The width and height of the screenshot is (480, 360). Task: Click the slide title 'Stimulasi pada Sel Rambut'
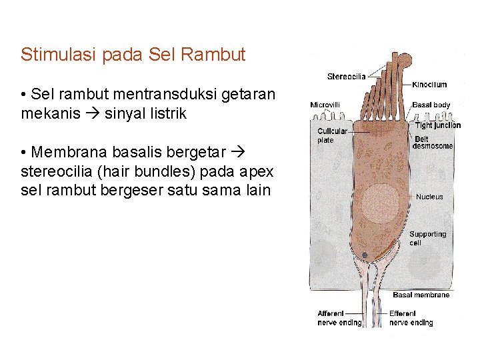pyautogui.click(x=133, y=54)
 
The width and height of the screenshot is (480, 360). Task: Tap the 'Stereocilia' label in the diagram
pyautogui.click(x=346, y=77)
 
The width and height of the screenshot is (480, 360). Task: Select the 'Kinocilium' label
pyautogui.click(x=430, y=85)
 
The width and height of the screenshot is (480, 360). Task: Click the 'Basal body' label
pyautogui.click(x=431, y=105)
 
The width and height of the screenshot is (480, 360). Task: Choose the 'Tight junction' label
pyautogui.click(x=437, y=125)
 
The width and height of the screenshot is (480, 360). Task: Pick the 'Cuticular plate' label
pyautogui.click(x=332, y=135)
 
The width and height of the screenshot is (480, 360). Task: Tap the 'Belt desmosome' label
pyautogui.click(x=433, y=143)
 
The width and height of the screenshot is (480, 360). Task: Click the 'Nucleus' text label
pyautogui.click(x=429, y=197)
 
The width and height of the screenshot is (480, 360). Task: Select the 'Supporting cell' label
pyautogui.click(x=427, y=238)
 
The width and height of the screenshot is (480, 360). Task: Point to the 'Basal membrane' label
pyautogui.click(x=421, y=295)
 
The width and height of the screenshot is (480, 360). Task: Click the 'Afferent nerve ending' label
pyautogui.click(x=339, y=318)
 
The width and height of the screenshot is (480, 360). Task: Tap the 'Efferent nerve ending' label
pyautogui.click(x=411, y=318)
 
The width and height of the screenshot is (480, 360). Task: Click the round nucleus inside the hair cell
pyautogui.click(x=381, y=203)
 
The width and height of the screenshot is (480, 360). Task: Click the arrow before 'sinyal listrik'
pyautogui.click(x=94, y=114)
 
